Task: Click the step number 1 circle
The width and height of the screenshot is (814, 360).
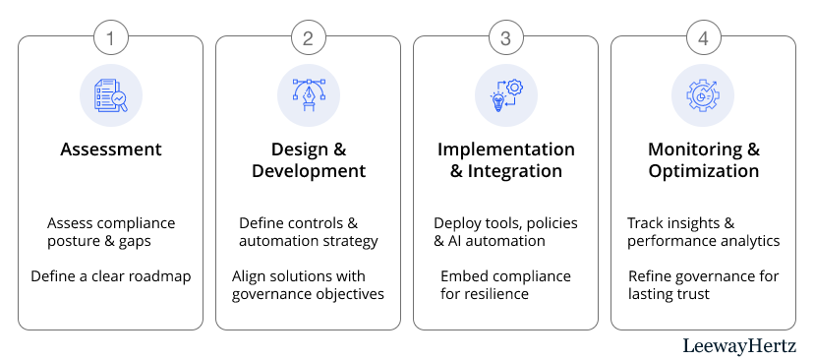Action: click(110, 38)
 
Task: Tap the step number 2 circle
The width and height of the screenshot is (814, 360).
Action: click(309, 38)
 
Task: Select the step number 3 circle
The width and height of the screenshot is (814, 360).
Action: click(505, 38)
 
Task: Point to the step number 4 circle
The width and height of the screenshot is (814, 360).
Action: click(704, 38)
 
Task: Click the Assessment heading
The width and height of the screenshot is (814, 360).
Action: click(110, 150)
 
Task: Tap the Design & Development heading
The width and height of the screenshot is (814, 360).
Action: click(309, 160)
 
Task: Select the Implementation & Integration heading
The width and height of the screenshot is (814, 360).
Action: click(505, 160)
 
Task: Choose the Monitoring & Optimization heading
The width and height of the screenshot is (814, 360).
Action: click(704, 160)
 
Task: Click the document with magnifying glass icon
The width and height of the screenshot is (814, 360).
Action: click(110, 95)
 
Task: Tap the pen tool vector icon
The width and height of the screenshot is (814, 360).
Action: click(309, 95)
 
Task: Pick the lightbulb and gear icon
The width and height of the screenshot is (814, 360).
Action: click(506, 95)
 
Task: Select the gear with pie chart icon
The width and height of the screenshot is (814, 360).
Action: click(704, 95)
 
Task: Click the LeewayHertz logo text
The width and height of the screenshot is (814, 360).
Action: click(747, 346)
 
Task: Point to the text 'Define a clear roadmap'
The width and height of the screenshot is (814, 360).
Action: click(110, 276)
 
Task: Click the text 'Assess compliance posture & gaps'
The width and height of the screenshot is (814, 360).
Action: click(111, 232)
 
